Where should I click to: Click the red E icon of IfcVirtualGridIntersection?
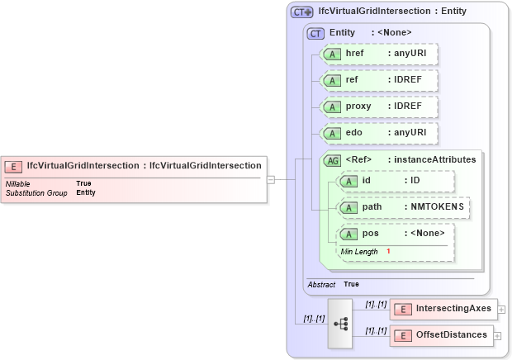15,165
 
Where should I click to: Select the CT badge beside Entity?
315,33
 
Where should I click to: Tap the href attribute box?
379,54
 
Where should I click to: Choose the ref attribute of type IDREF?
379,80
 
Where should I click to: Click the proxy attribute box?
379,107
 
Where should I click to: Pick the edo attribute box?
379,133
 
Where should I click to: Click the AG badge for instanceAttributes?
333,159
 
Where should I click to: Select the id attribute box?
396,181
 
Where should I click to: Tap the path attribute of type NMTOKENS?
404,206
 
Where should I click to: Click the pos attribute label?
371,233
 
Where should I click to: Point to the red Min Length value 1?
388,251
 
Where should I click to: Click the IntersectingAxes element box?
442,309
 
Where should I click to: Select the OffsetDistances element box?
442,334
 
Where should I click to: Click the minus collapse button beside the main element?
270,178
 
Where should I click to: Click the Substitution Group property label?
36,192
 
